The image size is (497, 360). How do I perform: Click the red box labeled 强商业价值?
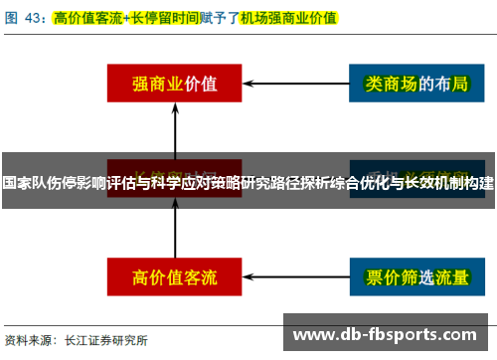[175, 85]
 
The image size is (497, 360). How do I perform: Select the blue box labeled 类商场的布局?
[408, 85]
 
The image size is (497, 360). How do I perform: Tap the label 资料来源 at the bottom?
[29, 340]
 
